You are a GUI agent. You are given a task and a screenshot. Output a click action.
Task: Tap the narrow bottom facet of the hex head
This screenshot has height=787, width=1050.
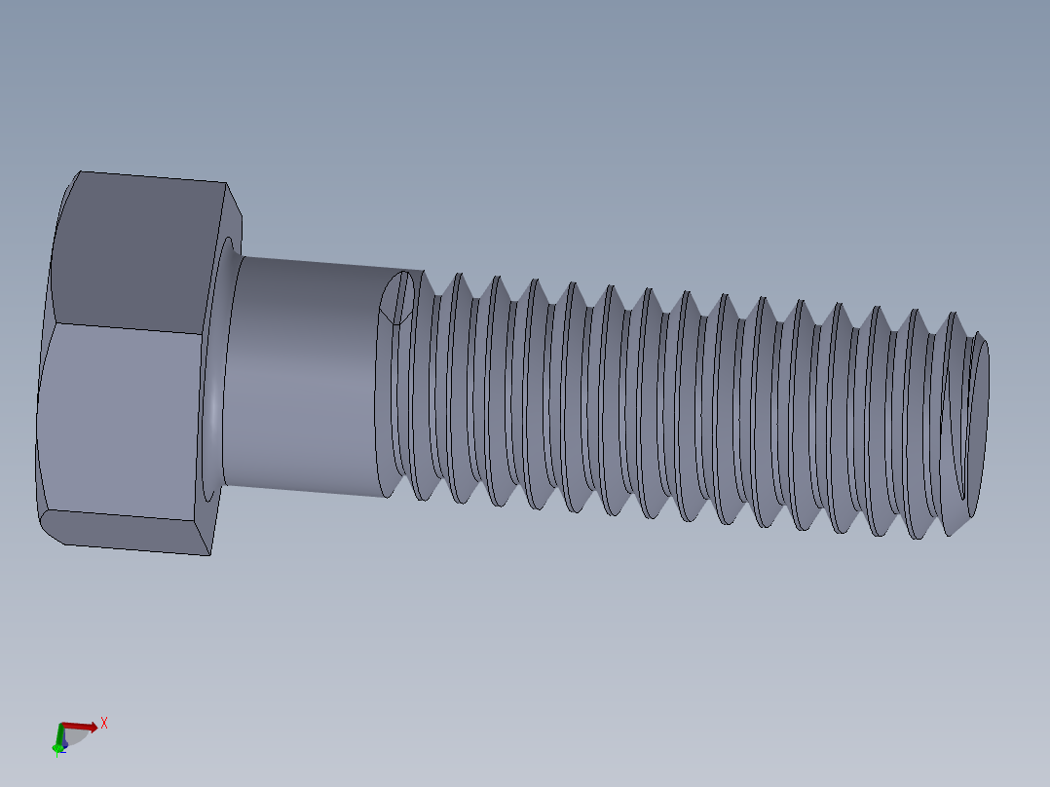tap(127, 533)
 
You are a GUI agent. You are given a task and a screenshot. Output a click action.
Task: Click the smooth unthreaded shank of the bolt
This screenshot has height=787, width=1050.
tap(302, 375)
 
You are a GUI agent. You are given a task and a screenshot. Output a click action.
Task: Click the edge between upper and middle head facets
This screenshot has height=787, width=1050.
tap(127, 328)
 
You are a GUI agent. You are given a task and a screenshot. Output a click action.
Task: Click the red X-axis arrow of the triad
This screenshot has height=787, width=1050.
tap(83, 726)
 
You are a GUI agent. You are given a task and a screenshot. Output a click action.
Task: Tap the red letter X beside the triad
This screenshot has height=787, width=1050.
tap(104, 723)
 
